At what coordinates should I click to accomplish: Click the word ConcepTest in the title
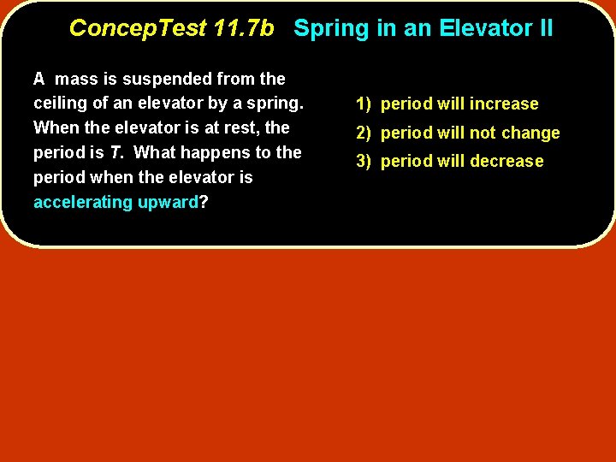(x=137, y=28)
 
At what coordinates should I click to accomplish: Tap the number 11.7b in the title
(x=244, y=28)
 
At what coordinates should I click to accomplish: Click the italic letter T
(x=113, y=153)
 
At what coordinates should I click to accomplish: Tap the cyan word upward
(x=168, y=203)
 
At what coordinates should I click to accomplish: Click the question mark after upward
(x=204, y=203)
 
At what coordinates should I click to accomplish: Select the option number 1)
(x=364, y=104)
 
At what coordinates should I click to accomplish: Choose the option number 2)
(x=364, y=133)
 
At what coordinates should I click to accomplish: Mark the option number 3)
(x=364, y=161)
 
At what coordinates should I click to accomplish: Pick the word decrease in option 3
(x=510, y=161)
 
